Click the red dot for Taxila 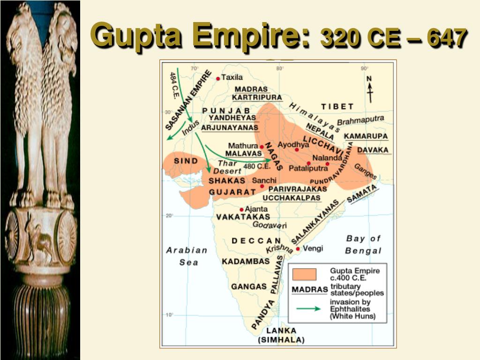coord(218,79)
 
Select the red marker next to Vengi coord(298,249)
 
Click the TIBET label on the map coord(337,106)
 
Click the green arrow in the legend coord(308,308)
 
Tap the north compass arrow coord(369,90)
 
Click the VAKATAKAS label coord(243,217)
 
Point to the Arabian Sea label coord(187,256)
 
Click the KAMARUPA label coord(366,136)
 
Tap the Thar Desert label coord(228,167)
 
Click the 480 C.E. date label coord(256,166)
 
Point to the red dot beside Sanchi coord(262,187)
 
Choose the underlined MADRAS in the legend coord(309,289)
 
